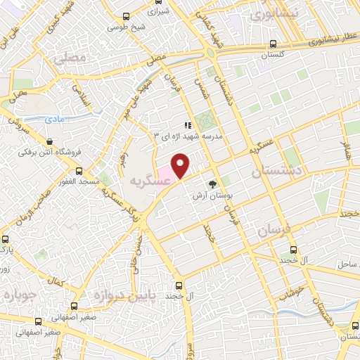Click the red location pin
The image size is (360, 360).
[x=181, y=165]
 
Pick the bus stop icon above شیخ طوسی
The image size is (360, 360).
[x=126, y=17]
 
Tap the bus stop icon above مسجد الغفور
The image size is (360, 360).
[x=79, y=170]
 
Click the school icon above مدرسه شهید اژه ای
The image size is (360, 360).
[x=188, y=125]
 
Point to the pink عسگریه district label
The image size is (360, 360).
[x=149, y=181]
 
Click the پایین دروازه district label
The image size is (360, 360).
[x=103, y=295]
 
